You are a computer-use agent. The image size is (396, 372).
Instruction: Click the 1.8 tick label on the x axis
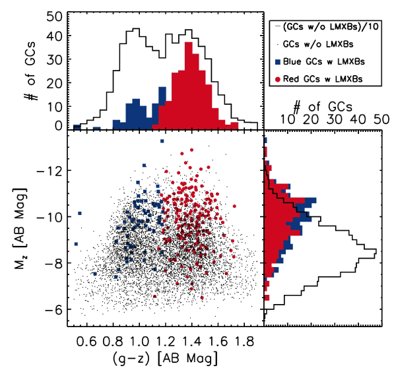245,341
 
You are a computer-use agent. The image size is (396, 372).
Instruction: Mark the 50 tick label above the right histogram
381,120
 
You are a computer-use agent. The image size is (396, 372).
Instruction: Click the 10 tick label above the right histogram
288,120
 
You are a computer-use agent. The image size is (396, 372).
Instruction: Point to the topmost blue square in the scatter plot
161,141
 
